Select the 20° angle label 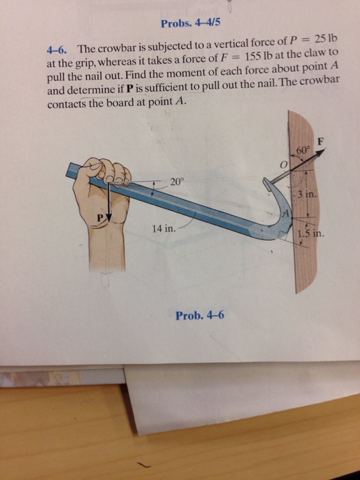point(177,182)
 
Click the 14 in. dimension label point(163,230)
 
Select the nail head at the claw point(265,183)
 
